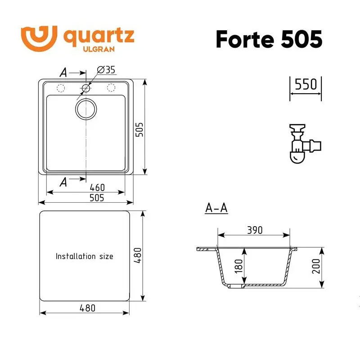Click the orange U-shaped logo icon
tap(39, 36)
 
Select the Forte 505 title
tap(269, 40)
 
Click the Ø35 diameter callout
tap(107, 70)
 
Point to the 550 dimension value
tap(306, 84)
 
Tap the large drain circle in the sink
tap(85, 109)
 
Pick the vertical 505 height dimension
tap(139, 130)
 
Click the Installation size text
tap(84, 256)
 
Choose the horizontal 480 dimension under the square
tap(87, 309)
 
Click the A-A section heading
tap(216, 208)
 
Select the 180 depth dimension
tap(238, 266)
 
